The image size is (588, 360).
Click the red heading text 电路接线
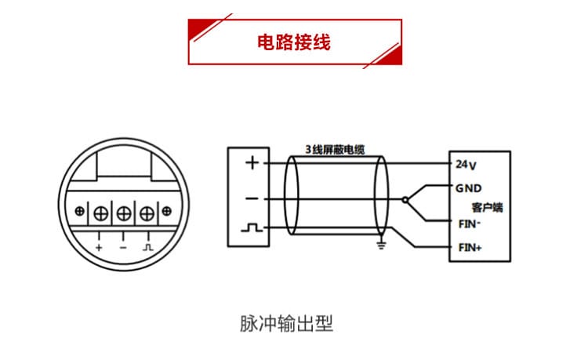point(294,42)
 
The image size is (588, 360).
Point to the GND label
point(468,188)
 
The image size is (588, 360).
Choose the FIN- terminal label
point(469,223)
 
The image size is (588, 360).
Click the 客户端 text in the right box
point(487,207)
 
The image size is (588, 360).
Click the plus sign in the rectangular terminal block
point(252,163)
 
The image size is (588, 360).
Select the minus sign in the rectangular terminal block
point(252,199)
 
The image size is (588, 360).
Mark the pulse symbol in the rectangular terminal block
point(252,229)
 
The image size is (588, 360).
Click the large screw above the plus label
point(101,213)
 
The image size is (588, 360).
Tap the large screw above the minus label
point(124,213)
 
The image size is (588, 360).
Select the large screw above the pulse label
point(147,213)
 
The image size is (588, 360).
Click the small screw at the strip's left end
point(81,212)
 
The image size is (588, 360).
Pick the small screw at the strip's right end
point(166,212)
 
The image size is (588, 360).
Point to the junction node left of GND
point(405,200)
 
